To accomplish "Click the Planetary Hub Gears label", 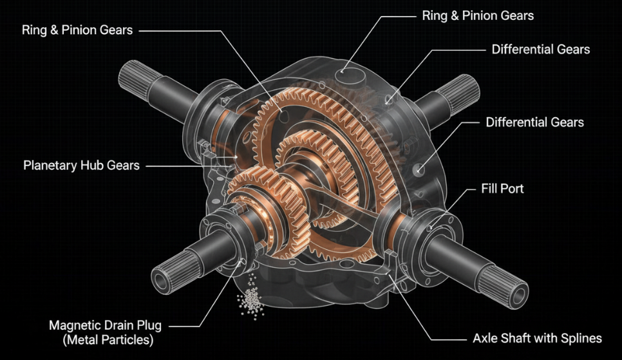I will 81,166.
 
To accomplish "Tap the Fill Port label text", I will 502,189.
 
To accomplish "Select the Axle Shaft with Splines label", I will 532,338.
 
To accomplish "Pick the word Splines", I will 581,338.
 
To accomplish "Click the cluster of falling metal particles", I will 250,299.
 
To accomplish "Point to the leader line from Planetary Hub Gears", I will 187,166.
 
